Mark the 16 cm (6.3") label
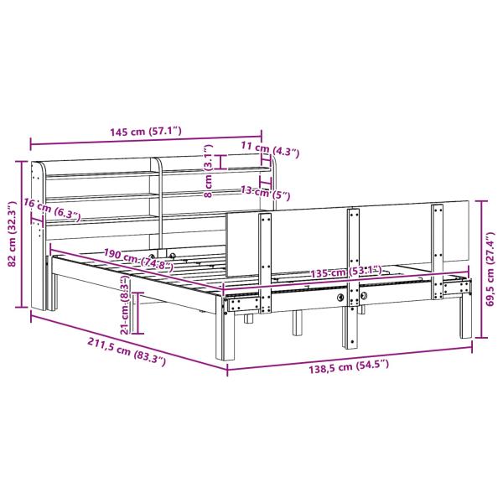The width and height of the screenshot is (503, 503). [x=51, y=209]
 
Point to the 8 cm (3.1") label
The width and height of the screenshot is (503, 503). [x=208, y=169]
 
